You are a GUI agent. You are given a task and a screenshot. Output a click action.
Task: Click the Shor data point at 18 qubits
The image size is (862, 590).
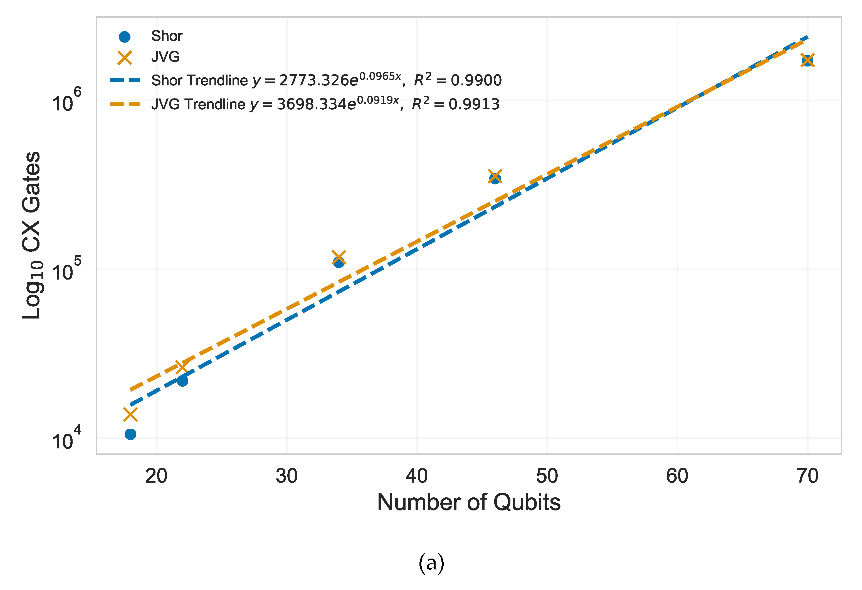[x=130, y=434]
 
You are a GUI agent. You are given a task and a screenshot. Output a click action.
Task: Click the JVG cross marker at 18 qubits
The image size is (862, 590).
[x=130, y=414]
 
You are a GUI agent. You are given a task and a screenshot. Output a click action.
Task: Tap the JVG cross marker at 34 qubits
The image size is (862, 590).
[x=339, y=257]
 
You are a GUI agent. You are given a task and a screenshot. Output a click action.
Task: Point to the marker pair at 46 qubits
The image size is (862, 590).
[x=495, y=177]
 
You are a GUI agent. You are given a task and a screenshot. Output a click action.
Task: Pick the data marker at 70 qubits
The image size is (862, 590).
[x=807, y=60]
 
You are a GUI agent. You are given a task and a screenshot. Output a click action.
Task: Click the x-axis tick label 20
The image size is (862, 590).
[x=156, y=476]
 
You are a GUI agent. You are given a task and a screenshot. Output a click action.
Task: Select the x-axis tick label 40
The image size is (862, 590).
[x=416, y=476]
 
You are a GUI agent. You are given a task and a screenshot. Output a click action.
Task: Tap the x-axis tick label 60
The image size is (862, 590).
[x=677, y=476]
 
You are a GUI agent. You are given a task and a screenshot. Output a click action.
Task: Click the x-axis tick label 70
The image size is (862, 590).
[x=807, y=476]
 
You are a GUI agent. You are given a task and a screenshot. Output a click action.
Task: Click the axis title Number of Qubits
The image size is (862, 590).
[x=468, y=502]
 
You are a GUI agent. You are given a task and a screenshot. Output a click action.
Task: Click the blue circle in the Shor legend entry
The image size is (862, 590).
[x=125, y=37]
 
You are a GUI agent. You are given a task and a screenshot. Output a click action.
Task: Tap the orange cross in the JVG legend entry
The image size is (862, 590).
[x=125, y=58]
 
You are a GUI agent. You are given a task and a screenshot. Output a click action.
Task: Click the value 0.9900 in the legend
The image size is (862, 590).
[x=476, y=80]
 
